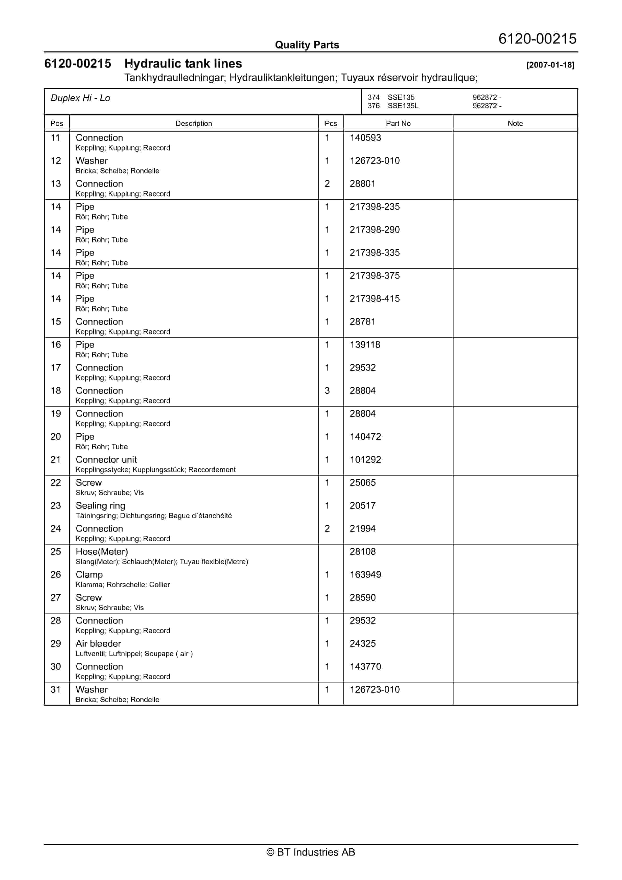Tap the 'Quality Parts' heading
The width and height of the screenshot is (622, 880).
[307, 45]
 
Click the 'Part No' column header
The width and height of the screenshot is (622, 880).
[398, 123]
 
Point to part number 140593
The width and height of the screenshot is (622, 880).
[365, 138]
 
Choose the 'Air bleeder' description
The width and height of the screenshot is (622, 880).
[98, 644]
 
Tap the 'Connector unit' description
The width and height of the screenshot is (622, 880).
[106, 460]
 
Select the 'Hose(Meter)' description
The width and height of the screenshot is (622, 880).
[102, 552]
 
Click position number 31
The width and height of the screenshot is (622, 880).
[56, 690]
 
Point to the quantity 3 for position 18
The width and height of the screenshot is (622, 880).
[327, 391]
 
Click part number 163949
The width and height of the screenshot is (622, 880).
[365, 575]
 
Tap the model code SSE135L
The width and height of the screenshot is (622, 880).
[403, 106]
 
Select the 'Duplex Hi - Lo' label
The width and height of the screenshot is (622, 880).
[80, 98]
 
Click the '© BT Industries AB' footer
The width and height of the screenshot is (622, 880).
[311, 852]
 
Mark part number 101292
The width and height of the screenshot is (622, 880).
[365, 460]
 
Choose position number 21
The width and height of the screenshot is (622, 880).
[56, 460]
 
